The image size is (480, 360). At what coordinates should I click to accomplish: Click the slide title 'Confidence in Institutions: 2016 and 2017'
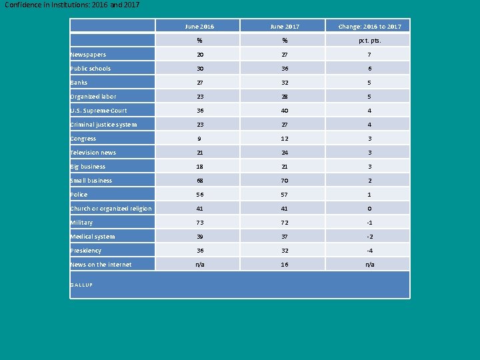coord(72,5)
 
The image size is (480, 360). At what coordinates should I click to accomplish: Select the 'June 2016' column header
coord(200,27)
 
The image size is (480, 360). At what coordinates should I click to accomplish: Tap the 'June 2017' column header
coord(285,27)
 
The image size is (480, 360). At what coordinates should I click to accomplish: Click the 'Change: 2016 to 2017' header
coord(369,27)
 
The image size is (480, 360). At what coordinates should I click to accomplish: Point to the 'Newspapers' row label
coord(88,55)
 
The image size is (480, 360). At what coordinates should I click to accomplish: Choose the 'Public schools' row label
coord(91,69)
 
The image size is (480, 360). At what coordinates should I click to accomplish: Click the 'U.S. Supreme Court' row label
coord(99,111)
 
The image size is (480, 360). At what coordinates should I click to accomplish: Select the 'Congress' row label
coord(83,139)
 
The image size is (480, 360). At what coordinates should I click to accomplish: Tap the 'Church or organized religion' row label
coord(111,209)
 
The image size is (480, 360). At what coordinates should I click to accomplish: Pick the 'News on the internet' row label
coord(101,265)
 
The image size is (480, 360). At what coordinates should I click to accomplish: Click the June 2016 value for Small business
coord(200,181)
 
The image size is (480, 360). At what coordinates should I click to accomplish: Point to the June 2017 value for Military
coord(285,223)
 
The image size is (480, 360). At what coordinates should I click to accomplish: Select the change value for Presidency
coord(369,251)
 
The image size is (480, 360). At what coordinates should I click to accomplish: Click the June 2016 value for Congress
coord(200,139)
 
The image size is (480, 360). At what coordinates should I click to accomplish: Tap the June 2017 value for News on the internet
coord(285,265)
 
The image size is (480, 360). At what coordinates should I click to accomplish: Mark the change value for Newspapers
coord(369,55)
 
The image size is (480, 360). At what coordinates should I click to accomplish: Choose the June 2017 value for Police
coord(285,195)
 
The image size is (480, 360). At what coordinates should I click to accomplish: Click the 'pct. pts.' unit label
coord(369,41)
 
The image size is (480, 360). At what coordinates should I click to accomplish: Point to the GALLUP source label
coord(81,285)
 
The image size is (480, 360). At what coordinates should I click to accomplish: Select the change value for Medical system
coord(369,237)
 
